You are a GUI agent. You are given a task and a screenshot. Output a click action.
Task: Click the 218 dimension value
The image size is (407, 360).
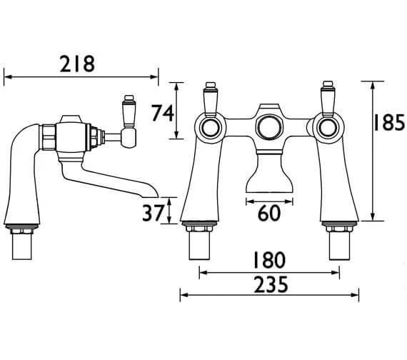pyautogui.click(x=77, y=64)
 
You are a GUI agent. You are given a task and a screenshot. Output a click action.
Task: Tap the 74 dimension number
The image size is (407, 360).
pyautogui.click(x=163, y=113)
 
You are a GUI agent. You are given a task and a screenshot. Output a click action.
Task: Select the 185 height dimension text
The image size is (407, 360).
pyautogui.click(x=389, y=122)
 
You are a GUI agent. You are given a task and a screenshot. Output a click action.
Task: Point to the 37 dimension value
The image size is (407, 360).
pyautogui.click(x=154, y=213)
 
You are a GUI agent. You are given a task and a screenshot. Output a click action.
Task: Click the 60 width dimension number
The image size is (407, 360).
pyautogui.click(x=269, y=213)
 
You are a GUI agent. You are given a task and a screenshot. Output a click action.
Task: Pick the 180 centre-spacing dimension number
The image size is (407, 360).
pyautogui.click(x=268, y=260)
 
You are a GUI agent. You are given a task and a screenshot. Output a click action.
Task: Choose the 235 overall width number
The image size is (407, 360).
pyautogui.click(x=271, y=284)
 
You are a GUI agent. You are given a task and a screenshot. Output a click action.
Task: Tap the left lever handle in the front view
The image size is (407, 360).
pyautogui.click(x=211, y=99)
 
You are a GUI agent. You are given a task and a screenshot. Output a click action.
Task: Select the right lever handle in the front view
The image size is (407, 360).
pyautogui.click(x=328, y=99)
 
